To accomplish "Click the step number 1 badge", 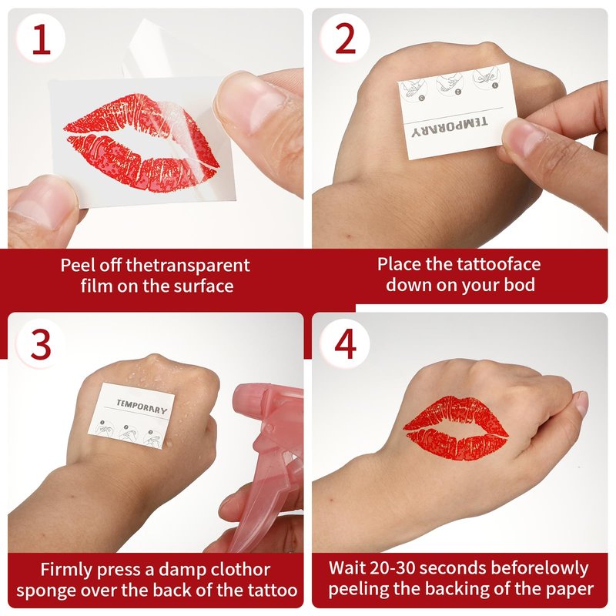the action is pyautogui.click(x=41, y=39).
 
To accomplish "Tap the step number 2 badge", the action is pyautogui.click(x=345, y=38).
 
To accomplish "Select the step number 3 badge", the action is pyautogui.click(x=40, y=344).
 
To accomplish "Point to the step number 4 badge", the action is pyautogui.click(x=345, y=344).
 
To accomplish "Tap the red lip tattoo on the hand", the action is pyautogui.click(x=456, y=429).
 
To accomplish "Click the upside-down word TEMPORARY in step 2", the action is pyautogui.click(x=450, y=127).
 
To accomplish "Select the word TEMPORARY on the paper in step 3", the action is pyautogui.click(x=142, y=407).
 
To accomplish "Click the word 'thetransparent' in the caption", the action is pyautogui.click(x=187, y=266).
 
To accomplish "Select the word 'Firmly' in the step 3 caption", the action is pyautogui.click(x=66, y=570).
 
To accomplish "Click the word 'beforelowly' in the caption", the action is pyautogui.click(x=540, y=568).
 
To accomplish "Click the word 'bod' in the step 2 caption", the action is pyautogui.click(x=519, y=284).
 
